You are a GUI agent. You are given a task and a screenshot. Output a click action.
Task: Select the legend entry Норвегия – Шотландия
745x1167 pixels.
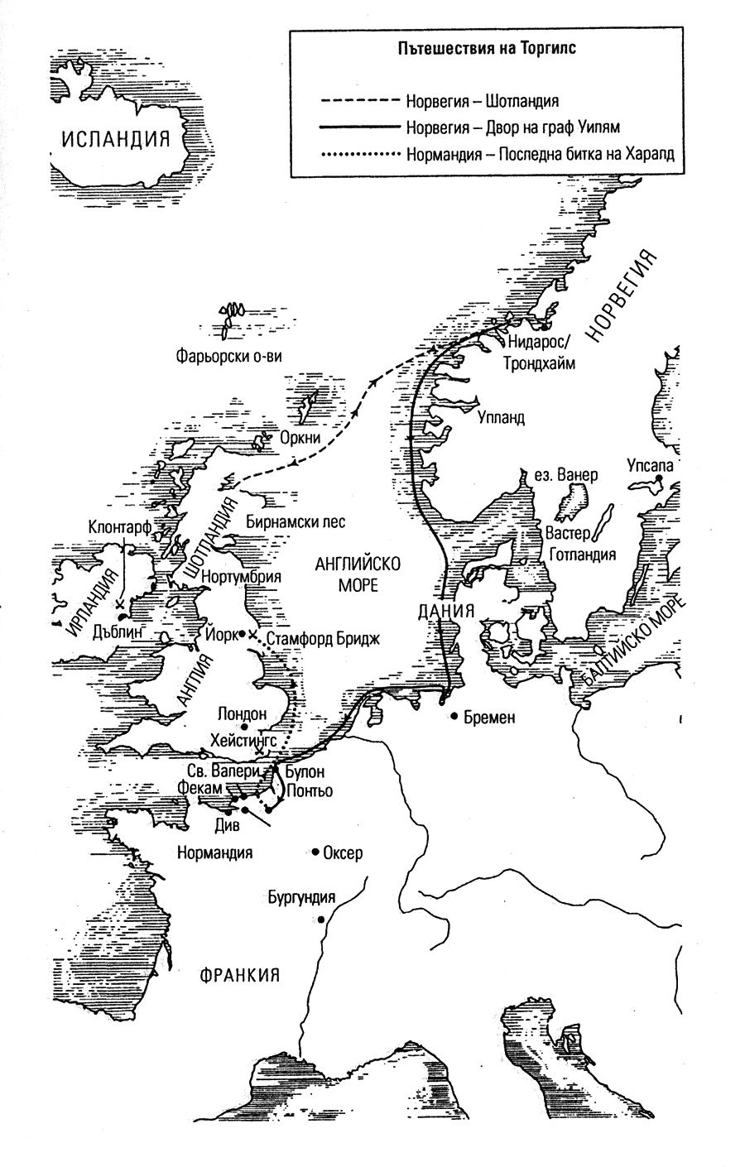tap(482, 102)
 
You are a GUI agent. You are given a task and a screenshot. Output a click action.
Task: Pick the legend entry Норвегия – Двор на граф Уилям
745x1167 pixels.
tap(512, 128)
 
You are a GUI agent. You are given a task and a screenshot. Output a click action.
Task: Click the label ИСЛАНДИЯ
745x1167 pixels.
tap(118, 138)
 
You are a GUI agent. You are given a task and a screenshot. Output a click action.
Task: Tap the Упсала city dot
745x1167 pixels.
tap(659, 479)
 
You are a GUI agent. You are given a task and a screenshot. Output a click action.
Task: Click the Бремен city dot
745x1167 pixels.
tap(454, 717)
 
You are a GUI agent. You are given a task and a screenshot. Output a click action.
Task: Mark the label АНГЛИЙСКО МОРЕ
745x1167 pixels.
tap(358, 574)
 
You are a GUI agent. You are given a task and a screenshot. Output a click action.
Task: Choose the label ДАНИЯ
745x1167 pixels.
tap(445, 613)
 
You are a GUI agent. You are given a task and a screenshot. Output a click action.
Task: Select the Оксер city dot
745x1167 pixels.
tap(315, 852)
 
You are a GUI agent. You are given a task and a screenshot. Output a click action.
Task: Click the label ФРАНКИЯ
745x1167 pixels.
tap(238, 974)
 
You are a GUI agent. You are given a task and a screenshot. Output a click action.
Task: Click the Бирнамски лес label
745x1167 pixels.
tap(296, 522)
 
